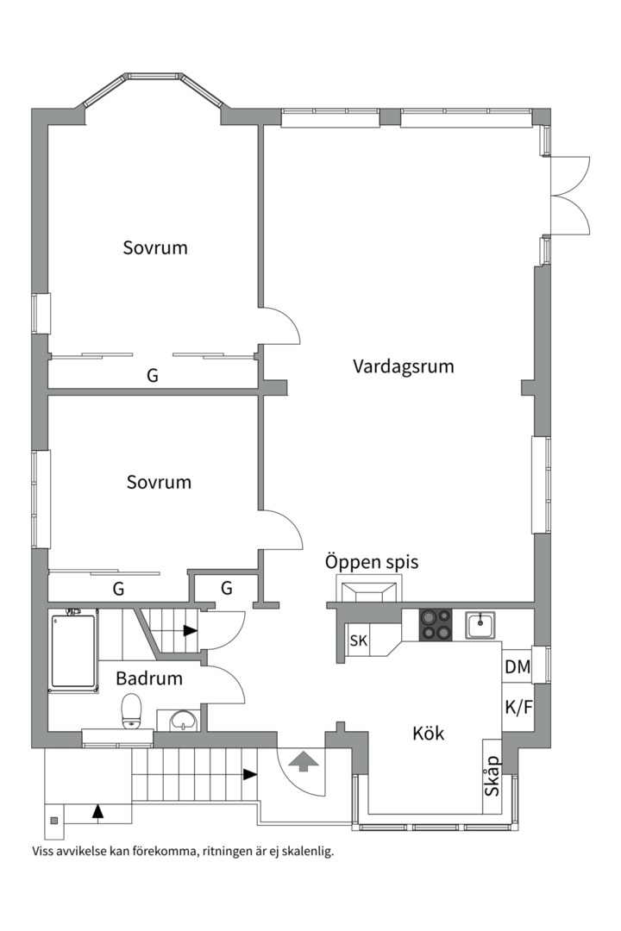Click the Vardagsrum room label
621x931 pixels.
[x=403, y=366]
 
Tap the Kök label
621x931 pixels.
[x=428, y=734]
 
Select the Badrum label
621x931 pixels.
[x=149, y=678]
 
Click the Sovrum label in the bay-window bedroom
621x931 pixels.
[x=155, y=248]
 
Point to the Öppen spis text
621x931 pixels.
[x=371, y=562]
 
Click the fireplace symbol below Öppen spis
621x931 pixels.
[x=366, y=592]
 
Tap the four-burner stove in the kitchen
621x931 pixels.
[x=436, y=624]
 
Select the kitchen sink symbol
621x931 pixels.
[x=480, y=624]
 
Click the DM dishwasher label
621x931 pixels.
[x=517, y=666]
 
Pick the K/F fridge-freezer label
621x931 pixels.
[x=517, y=707]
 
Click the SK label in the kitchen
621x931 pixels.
[x=359, y=640]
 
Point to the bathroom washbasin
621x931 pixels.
[x=182, y=720]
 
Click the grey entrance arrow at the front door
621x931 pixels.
[x=302, y=761]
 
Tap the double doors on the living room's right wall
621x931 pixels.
[x=568, y=195]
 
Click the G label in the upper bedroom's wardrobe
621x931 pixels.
[x=153, y=376]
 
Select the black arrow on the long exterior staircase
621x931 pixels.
[x=249, y=774]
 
